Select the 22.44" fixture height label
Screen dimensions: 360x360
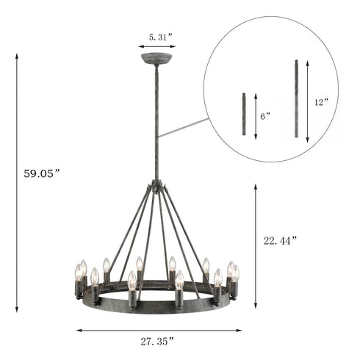tap(282, 240)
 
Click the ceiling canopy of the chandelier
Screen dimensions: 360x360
tap(156, 58)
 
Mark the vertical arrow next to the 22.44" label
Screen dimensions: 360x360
tap(256, 246)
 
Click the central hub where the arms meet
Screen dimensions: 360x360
tap(156, 187)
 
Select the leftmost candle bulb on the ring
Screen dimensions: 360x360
tap(77, 274)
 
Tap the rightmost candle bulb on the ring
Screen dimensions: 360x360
tap(236, 274)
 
